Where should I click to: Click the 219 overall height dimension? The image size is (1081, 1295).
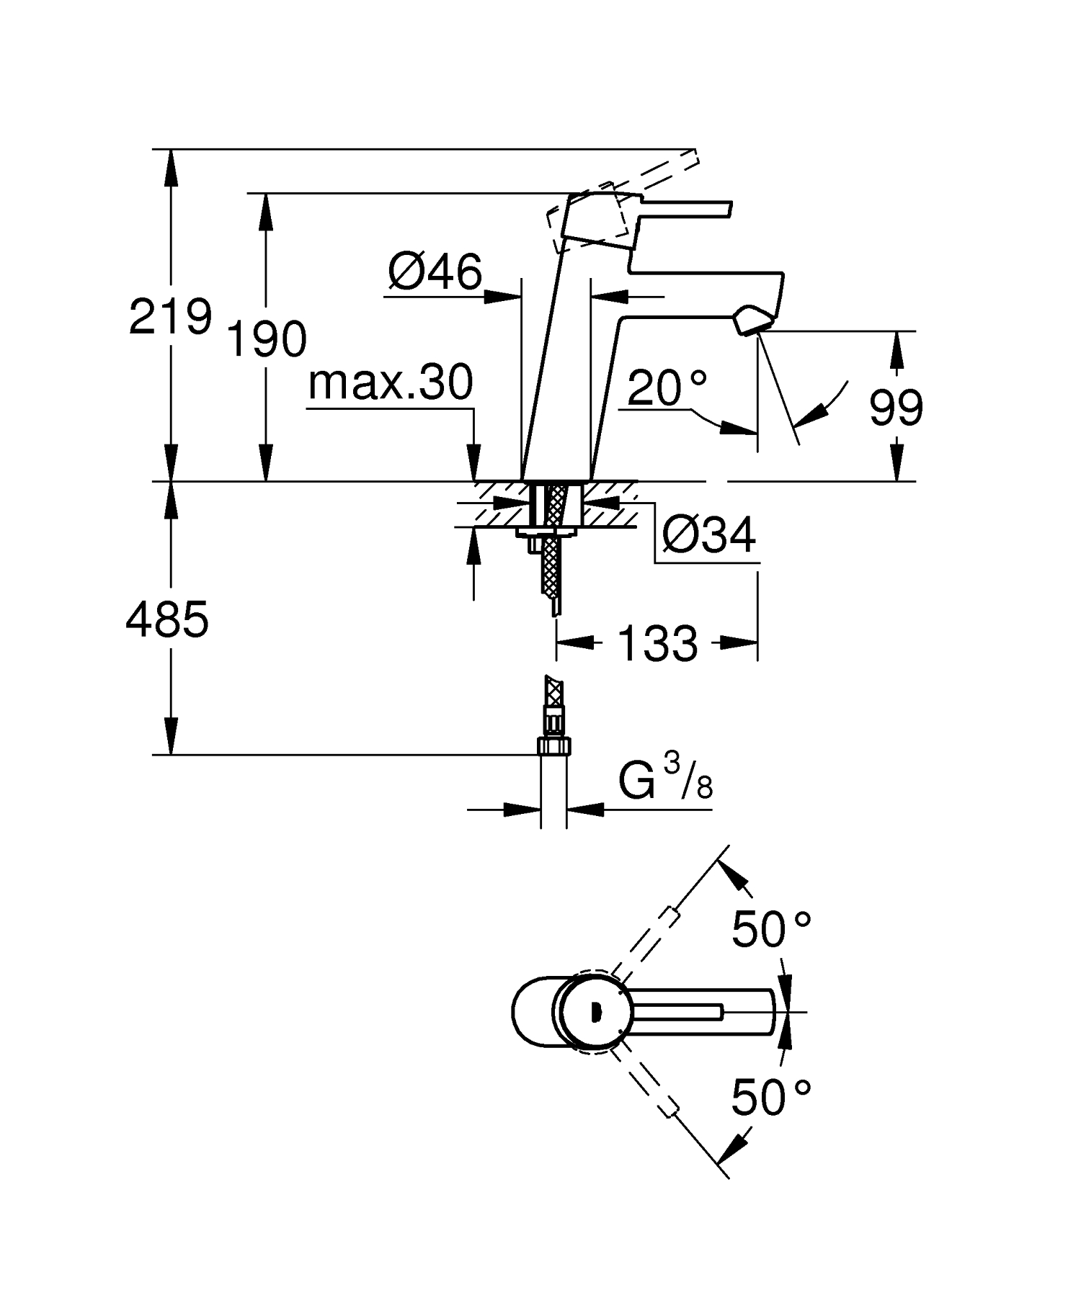click(170, 317)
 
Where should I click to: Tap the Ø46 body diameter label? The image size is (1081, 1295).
click(435, 273)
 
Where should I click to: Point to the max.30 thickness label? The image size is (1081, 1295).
click(391, 382)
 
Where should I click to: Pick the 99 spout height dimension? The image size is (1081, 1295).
click(896, 408)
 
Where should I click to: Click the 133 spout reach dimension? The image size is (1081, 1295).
click(658, 643)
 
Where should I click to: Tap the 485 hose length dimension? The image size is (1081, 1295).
click(167, 619)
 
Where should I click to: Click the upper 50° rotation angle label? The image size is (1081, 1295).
click(770, 929)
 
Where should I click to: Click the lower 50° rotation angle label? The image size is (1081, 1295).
click(770, 1097)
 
